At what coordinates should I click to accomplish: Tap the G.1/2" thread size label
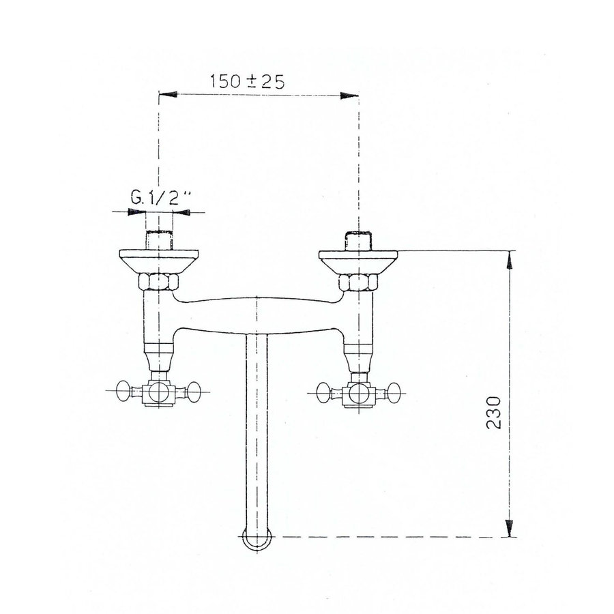pyautogui.click(x=160, y=199)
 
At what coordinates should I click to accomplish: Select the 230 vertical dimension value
pyautogui.click(x=497, y=411)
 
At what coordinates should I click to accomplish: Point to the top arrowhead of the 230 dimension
pyautogui.click(x=508, y=259)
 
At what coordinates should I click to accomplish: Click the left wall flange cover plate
pyautogui.click(x=159, y=261)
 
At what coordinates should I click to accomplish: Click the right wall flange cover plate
pyautogui.click(x=359, y=261)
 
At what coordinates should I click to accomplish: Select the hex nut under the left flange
pyautogui.click(x=159, y=281)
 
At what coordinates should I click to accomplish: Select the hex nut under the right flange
pyautogui.click(x=359, y=281)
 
